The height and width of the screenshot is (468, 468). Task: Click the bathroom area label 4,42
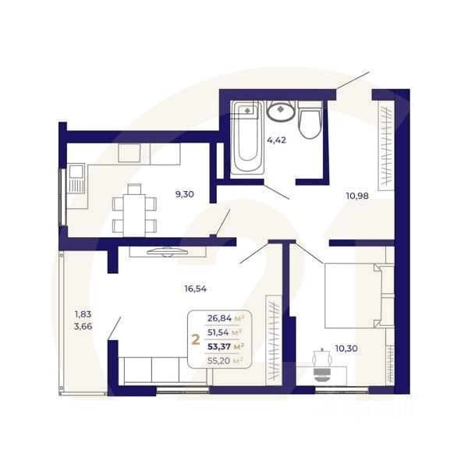coord(278,141)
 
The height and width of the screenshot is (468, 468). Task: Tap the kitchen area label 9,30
coord(185,195)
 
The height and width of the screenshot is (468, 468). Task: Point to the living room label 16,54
coord(196,289)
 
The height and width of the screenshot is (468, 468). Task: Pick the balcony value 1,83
coord(83,314)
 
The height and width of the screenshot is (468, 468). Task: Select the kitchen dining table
coord(134,209)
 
